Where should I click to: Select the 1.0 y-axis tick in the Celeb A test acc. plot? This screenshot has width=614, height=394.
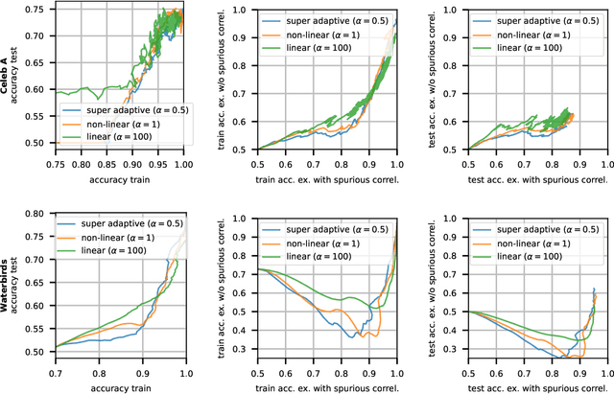[x=456, y=9]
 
